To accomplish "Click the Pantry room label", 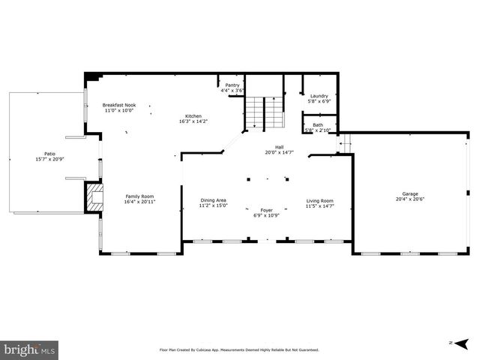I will pos(232,85).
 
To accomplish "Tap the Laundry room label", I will pos(319,96).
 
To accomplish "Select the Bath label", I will pos(318,125).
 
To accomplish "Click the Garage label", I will pos(409,193).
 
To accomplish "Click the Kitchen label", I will pos(193,115).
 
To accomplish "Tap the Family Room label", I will pos(139,196).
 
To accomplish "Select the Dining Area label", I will pos(214,200).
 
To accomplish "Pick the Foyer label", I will pos(266,210).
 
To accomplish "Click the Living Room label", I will pos(320,200).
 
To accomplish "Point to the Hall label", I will pos(279,147).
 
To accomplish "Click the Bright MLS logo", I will pos(30,349).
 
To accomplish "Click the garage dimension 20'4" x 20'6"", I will pos(409,199).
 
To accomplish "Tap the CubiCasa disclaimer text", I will pos(239,349).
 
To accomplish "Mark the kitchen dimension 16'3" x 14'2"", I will pos(193,121).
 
